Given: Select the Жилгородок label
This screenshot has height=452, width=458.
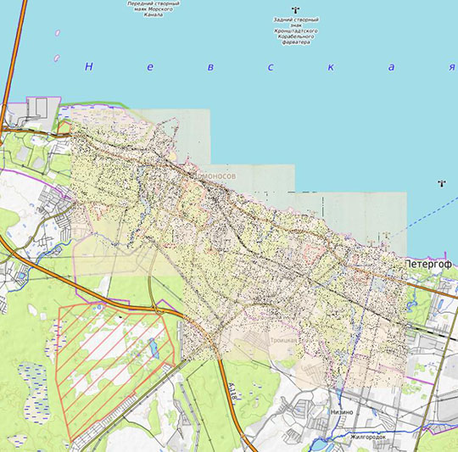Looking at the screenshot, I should pyautogui.click(x=368, y=438).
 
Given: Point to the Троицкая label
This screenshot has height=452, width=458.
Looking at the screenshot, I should pyautogui.click(x=283, y=339).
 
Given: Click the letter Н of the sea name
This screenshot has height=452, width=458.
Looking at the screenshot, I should pyautogui.click(x=87, y=67).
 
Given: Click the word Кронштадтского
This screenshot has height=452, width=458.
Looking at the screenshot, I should pyautogui.click(x=296, y=31).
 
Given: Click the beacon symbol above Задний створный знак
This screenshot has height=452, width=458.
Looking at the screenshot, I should pyautogui.click(x=294, y=9).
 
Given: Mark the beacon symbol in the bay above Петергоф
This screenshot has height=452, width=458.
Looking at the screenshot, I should pyautogui.click(x=441, y=183).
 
